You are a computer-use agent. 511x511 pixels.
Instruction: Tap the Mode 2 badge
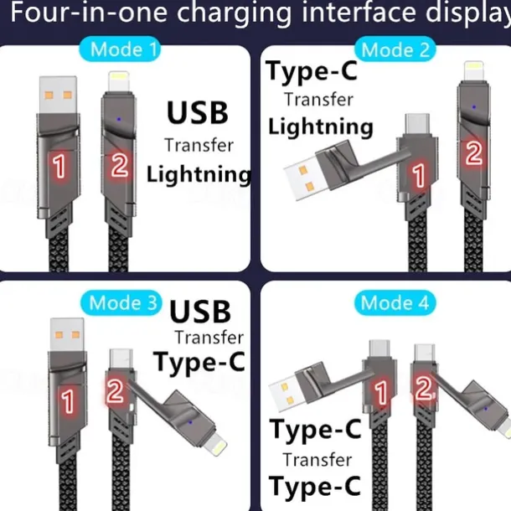click(x=394, y=49)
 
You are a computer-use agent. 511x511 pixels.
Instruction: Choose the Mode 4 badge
click(x=393, y=302)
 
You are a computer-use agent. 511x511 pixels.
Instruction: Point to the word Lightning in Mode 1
click(x=199, y=174)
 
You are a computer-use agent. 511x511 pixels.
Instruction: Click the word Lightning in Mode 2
click(x=320, y=126)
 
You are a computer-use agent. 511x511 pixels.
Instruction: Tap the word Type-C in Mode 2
click(x=312, y=71)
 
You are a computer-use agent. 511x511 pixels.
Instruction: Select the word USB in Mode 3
click(x=200, y=312)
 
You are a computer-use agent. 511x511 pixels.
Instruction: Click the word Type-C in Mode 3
click(x=199, y=362)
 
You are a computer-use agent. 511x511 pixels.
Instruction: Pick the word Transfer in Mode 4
click(x=316, y=459)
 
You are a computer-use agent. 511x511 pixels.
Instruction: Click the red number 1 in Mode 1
click(x=58, y=167)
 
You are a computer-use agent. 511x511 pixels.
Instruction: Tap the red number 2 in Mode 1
click(x=119, y=165)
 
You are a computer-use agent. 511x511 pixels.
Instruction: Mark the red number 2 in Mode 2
click(x=473, y=153)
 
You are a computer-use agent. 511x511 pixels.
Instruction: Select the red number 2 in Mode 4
click(x=423, y=387)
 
